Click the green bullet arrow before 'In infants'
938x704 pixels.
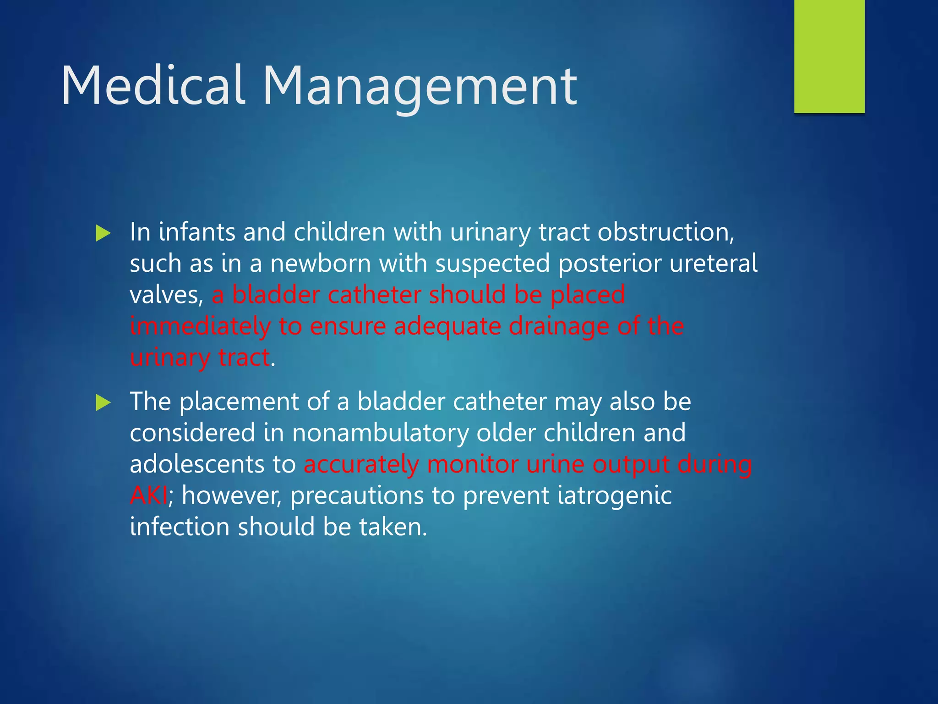tap(103, 233)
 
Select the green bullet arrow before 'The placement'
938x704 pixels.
tap(103, 403)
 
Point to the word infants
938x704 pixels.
tap(196, 232)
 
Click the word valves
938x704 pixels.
tap(165, 295)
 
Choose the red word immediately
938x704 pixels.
tap(200, 326)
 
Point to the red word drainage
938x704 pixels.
tap(558, 326)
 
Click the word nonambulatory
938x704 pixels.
tap(380, 433)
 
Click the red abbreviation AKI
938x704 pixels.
tap(148, 495)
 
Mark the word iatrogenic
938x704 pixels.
tap(614, 495)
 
